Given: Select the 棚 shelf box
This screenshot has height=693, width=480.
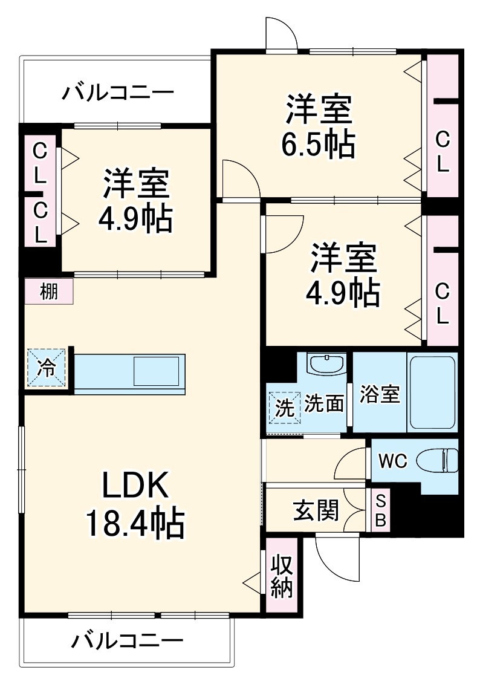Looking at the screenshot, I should (x=49, y=291).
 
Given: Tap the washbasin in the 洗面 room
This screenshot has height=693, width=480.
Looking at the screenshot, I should (x=326, y=365).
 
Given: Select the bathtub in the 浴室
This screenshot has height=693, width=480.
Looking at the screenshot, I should (x=432, y=392).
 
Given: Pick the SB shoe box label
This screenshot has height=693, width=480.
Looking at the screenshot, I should (x=381, y=510).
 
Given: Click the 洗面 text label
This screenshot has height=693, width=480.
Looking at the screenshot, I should (x=324, y=403).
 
